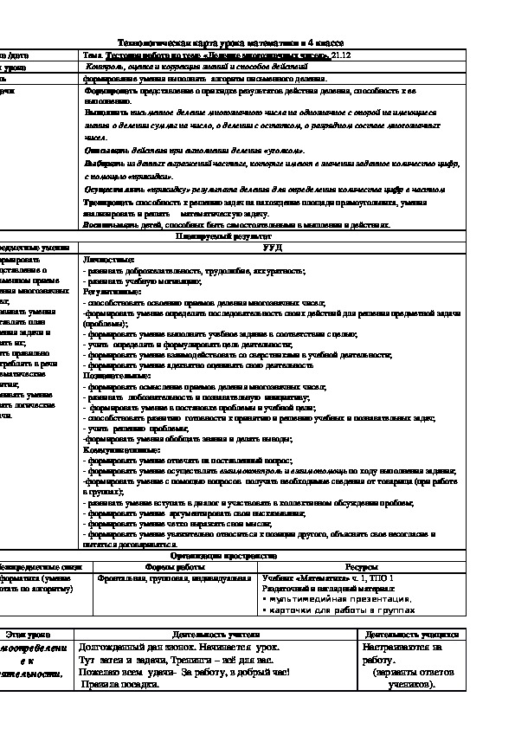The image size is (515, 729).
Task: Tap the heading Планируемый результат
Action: pos(224,235)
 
